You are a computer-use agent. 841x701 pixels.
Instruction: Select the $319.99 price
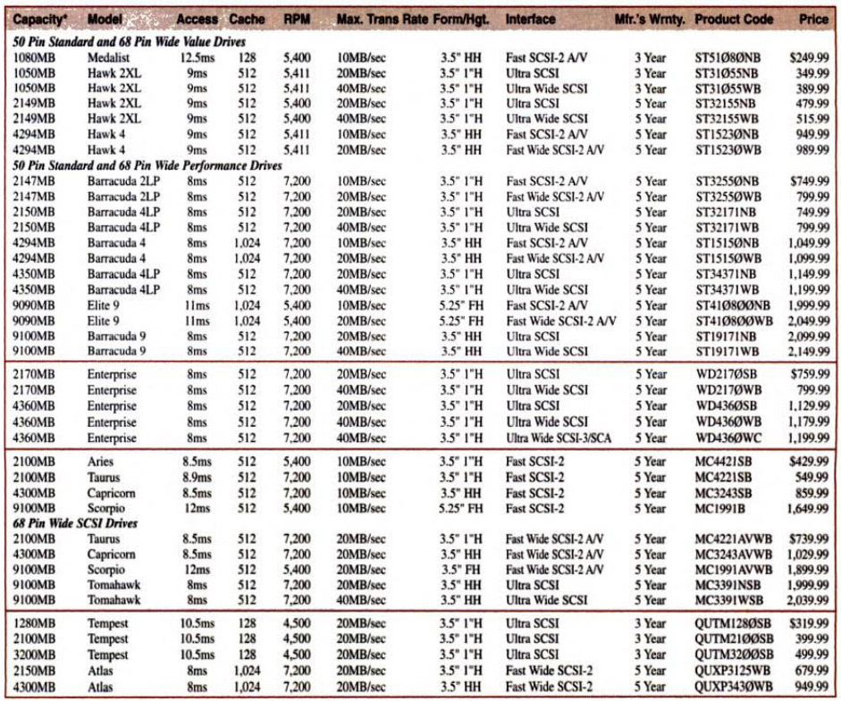point(808,623)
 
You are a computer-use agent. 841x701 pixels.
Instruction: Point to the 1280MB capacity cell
point(35,623)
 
